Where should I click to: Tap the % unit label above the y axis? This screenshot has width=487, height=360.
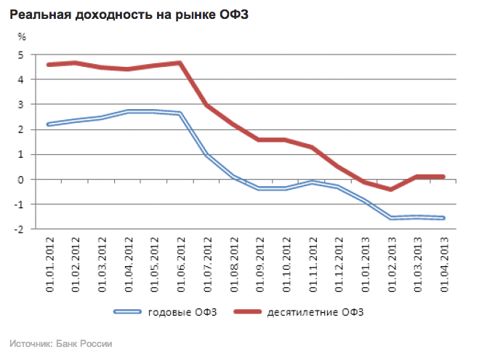(x=22, y=36)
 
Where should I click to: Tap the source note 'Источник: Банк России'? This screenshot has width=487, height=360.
(x=61, y=342)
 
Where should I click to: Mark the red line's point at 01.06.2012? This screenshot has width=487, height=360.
(x=179, y=63)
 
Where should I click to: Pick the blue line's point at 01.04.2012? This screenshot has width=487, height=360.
(x=127, y=111)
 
